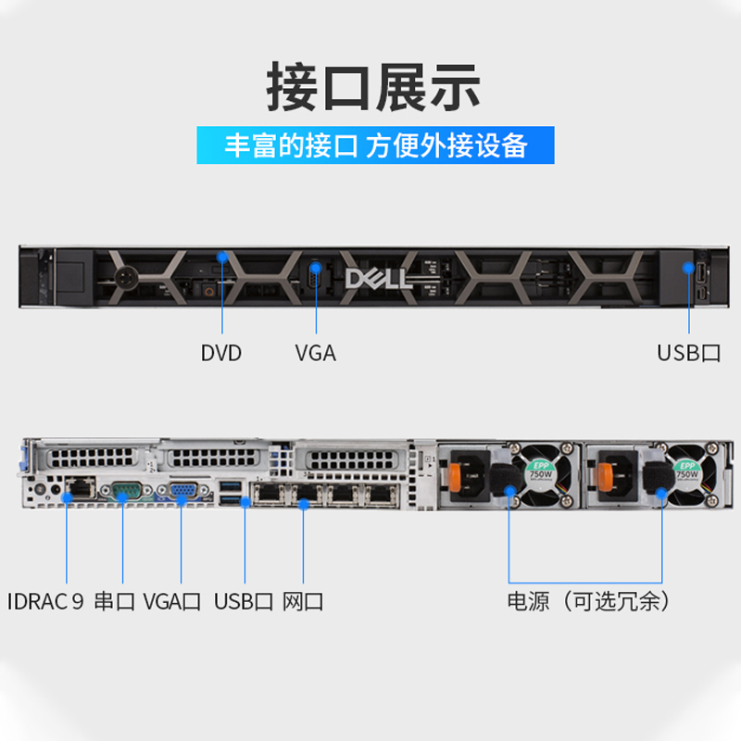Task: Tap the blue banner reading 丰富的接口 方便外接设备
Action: point(375,145)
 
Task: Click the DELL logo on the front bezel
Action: point(379,279)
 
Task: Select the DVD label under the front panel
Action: point(220,353)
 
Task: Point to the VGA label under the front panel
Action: point(315,353)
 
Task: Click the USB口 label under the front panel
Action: point(688,353)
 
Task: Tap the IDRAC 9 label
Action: point(45,602)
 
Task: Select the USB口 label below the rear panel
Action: point(244,602)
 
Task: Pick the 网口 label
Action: point(303,602)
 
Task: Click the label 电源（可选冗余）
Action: point(588,602)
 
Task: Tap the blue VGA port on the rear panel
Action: point(181,492)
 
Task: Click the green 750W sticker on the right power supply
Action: point(687,470)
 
